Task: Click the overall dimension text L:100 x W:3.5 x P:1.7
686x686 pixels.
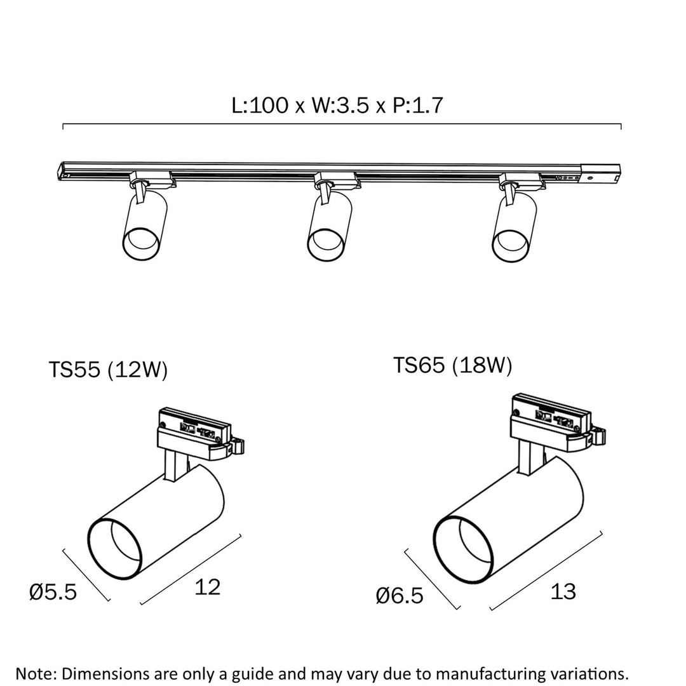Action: point(337,105)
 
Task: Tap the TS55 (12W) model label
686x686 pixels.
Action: point(108,370)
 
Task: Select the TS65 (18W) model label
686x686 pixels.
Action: point(452,366)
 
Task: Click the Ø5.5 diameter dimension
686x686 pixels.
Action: point(53,592)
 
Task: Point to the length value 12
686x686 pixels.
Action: point(207,587)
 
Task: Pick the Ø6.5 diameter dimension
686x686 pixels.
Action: point(400,596)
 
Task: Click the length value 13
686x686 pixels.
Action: point(563,592)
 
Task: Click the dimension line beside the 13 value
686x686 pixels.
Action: point(546,570)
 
